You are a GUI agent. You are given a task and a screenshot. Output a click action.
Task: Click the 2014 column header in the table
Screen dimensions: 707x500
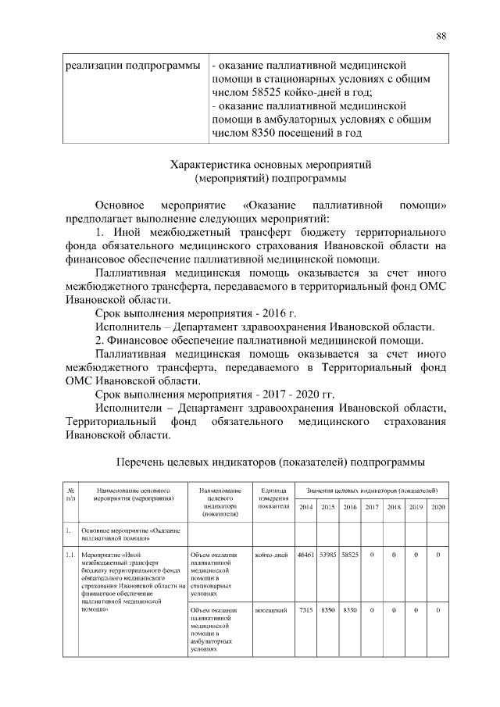point(305,508)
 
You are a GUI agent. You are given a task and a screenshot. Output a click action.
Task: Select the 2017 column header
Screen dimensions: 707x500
point(372,508)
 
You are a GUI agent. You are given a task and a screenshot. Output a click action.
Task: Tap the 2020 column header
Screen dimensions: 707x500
point(437,508)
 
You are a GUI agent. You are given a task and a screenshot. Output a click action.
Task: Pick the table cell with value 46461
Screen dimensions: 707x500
point(305,555)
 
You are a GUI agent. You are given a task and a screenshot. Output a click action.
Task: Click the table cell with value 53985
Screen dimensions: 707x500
point(328,555)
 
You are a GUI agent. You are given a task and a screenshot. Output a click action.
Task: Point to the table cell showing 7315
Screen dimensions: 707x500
point(305,609)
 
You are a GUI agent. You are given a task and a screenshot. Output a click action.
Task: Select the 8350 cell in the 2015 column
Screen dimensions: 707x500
point(328,609)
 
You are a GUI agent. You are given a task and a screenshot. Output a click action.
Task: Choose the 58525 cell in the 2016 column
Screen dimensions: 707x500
point(350,555)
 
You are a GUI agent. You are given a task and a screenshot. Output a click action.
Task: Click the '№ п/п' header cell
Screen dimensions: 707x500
point(71,493)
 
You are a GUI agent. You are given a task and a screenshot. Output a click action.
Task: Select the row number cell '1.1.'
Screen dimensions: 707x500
point(70,555)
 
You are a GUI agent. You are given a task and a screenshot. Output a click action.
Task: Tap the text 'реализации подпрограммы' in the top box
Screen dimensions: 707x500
point(129,64)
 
